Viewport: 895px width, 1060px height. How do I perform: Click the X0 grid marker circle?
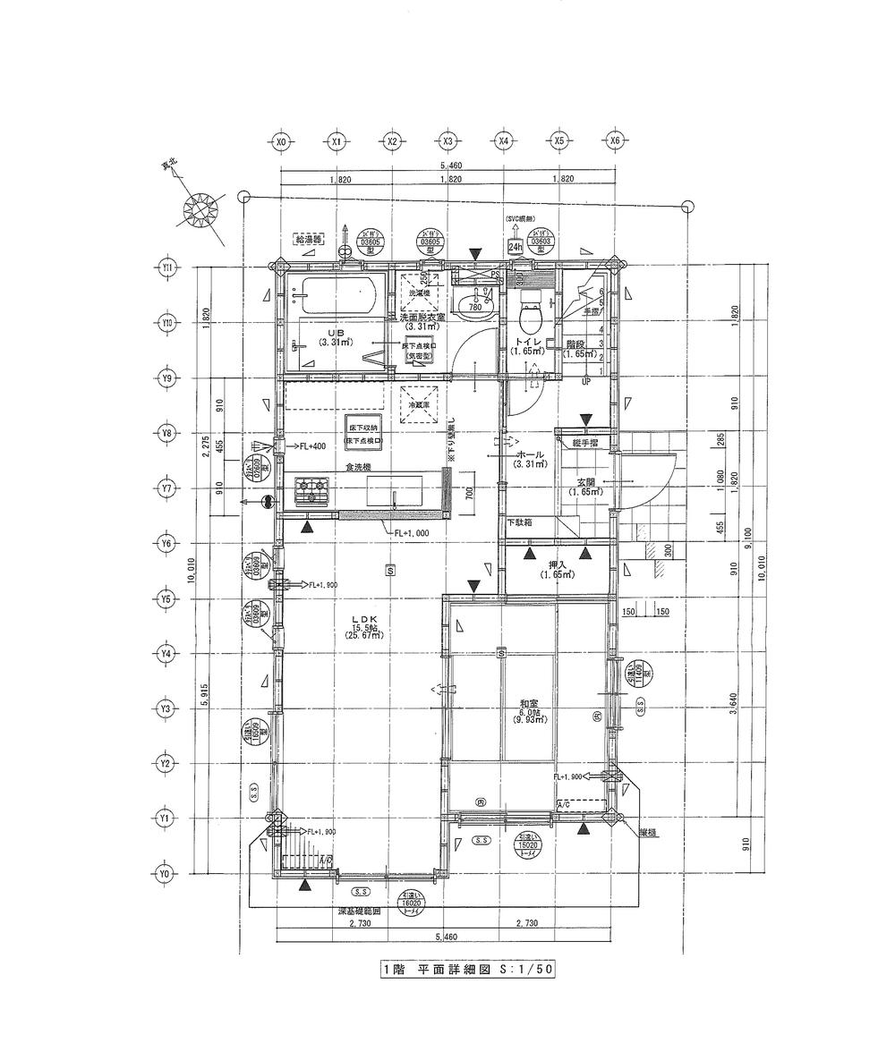pyautogui.click(x=281, y=141)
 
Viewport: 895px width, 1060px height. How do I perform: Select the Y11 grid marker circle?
pyautogui.click(x=166, y=267)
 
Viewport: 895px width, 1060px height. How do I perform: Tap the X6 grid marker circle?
pyautogui.click(x=614, y=141)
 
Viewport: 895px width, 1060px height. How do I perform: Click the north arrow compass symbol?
pyautogui.click(x=200, y=213)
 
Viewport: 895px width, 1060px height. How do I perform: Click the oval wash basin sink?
pyautogui.click(x=471, y=307)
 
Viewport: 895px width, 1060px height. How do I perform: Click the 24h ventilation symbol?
pyautogui.click(x=515, y=246)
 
